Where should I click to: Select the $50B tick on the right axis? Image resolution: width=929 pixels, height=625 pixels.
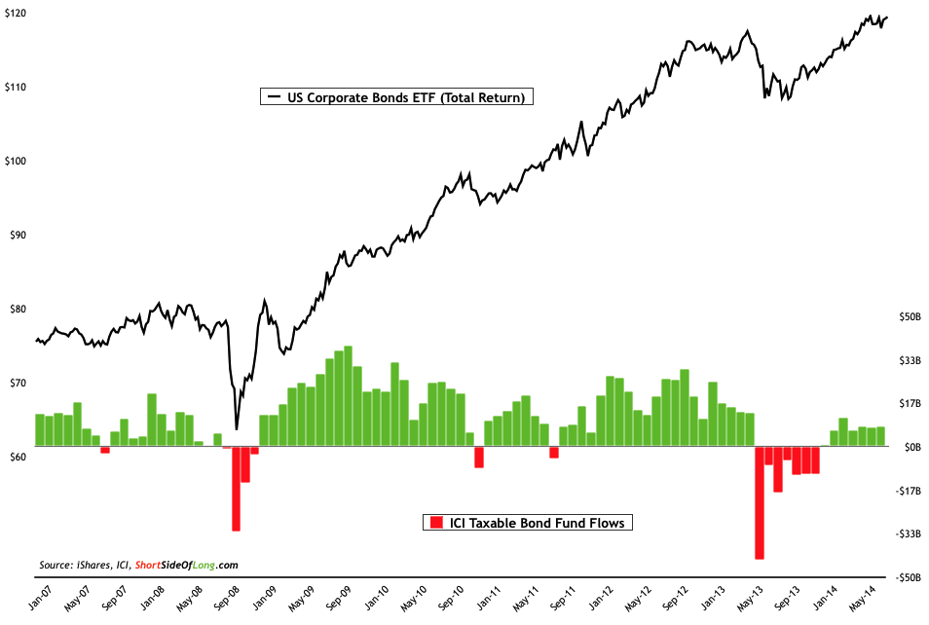click(910, 317)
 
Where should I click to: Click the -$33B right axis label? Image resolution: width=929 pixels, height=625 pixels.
click(909, 533)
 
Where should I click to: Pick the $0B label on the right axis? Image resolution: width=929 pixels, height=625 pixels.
click(912, 447)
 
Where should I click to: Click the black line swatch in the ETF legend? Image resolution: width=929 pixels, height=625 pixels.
click(270, 97)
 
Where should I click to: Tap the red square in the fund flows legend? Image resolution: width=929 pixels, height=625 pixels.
click(434, 523)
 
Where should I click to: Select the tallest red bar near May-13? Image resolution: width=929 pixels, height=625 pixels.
click(760, 502)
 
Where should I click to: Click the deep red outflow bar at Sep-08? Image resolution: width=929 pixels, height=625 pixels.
click(236, 489)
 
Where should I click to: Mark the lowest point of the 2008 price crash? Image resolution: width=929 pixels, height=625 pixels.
click(237, 428)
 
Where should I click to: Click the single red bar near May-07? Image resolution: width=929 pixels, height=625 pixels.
click(105, 450)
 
